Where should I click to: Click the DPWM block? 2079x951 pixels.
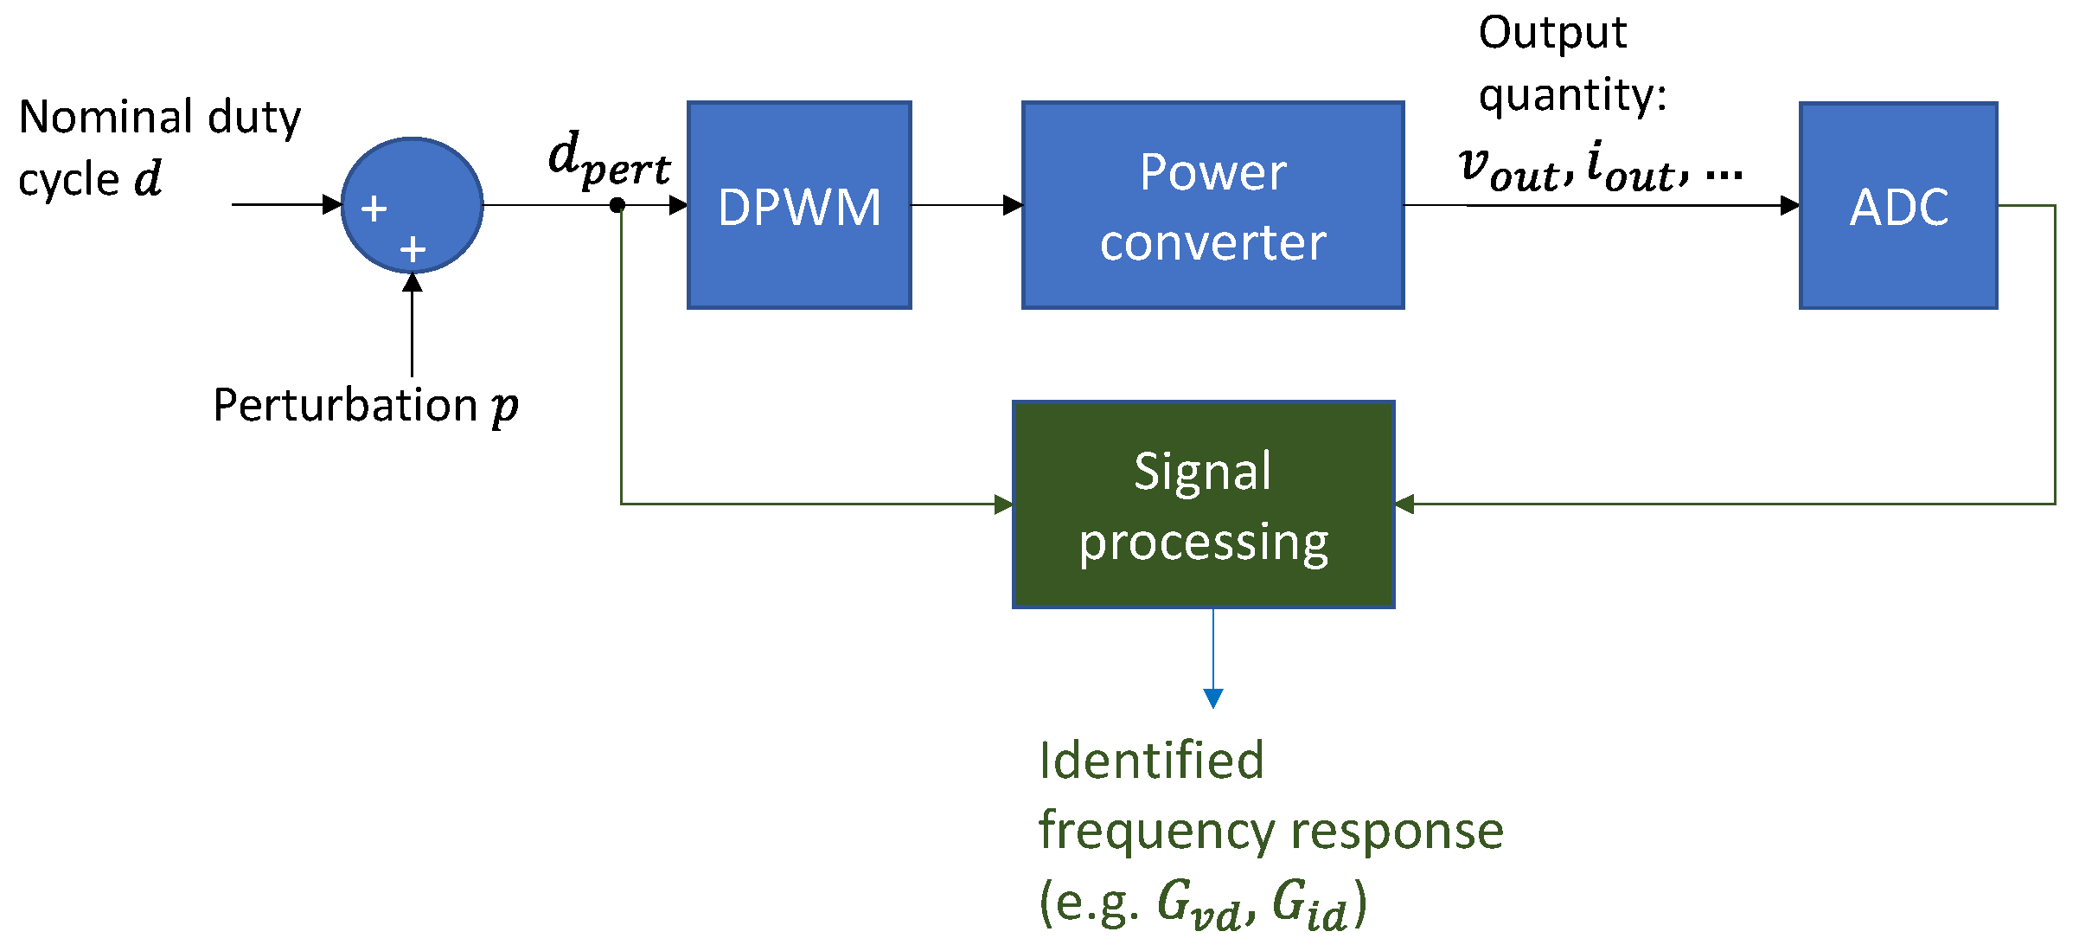(x=799, y=205)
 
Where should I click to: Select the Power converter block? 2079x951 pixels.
(x=1212, y=205)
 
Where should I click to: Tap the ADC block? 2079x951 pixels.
(x=1898, y=205)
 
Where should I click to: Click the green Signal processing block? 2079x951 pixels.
(x=1203, y=504)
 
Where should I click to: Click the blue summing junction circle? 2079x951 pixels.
(x=413, y=205)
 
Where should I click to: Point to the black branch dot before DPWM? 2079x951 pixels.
(x=617, y=205)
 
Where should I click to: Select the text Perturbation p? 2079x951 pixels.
(x=365, y=405)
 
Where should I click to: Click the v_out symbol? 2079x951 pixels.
(x=1508, y=169)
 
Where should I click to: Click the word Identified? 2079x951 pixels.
(x=1151, y=761)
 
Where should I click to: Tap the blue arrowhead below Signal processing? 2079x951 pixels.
(x=1213, y=697)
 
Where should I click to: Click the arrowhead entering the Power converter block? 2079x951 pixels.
(x=1013, y=205)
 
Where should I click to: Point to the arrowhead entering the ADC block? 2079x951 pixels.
(x=1789, y=205)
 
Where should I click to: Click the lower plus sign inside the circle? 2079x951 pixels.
(x=413, y=250)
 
